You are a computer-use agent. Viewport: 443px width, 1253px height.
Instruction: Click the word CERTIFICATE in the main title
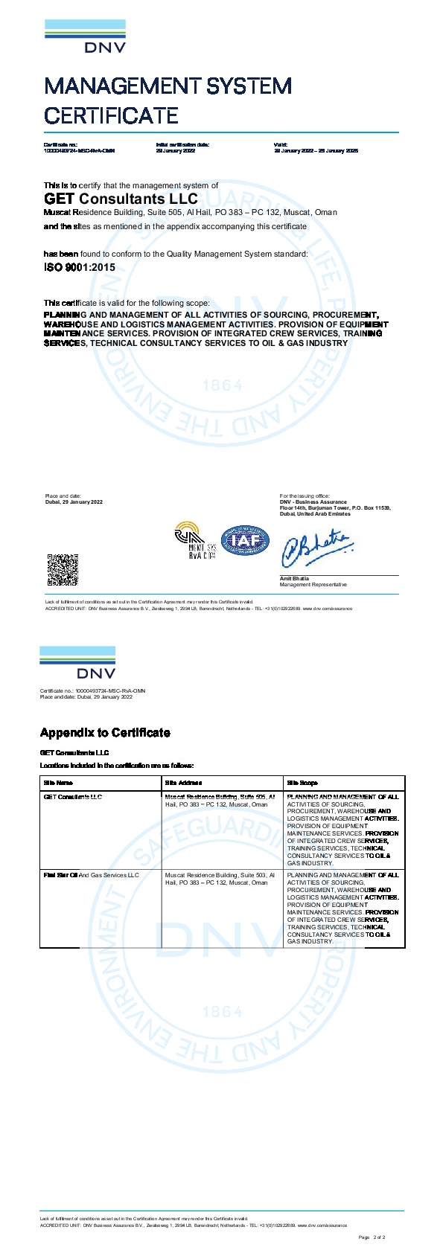coord(111,115)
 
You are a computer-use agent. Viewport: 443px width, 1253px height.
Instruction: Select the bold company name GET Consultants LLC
coord(121,199)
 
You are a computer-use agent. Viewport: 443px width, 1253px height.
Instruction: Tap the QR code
coord(63,570)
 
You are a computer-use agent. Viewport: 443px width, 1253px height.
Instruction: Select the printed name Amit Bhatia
coord(294,578)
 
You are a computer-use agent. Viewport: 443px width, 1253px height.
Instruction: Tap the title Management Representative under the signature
coord(313,585)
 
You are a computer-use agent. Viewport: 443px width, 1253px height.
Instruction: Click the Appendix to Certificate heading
coord(105,733)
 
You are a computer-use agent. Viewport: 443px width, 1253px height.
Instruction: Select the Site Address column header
coord(183,783)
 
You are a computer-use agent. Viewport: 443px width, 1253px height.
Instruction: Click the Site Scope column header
coord(302,783)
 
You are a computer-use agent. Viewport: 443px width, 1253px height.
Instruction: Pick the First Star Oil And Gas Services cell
coord(92,875)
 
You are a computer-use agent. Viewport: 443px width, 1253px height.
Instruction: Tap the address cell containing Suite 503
coord(220,879)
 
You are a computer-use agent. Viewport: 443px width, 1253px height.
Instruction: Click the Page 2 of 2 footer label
coord(372,1237)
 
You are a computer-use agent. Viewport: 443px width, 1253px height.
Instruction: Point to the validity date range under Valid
coord(316,150)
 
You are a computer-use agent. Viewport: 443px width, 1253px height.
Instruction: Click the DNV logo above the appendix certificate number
coord(77,663)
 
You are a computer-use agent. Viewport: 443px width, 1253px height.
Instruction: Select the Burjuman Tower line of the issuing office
coord(335,508)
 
